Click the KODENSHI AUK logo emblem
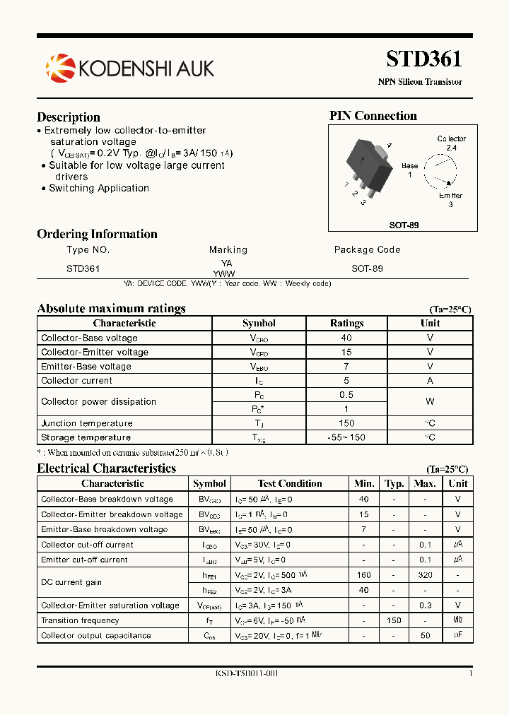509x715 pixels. [x=60, y=68]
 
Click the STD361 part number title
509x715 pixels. [x=424, y=59]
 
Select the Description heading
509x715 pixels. [x=69, y=117]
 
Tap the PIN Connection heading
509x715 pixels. [x=373, y=116]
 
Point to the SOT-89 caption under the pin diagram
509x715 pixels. [x=404, y=225]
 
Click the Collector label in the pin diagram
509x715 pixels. [x=451, y=138]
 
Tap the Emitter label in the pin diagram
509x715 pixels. [x=450, y=196]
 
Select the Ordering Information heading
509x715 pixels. [x=97, y=234]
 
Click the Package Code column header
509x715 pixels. [x=367, y=249]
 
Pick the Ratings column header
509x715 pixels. [x=346, y=323]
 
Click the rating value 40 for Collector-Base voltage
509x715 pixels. [x=346, y=338]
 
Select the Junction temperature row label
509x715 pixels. [x=87, y=423]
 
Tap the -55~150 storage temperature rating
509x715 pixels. [x=346, y=437]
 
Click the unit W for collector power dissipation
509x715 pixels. [x=430, y=401]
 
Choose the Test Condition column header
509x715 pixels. [x=290, y=483]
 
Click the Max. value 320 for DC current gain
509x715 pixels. [x=425, y=575]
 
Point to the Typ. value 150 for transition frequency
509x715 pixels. [x=394, y=620]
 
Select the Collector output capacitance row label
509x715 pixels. [x=96, y=635]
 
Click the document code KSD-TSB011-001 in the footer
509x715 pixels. [x=247, y=673]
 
